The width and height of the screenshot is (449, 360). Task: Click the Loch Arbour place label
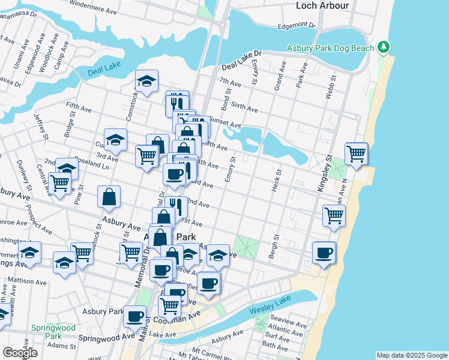(322, 5)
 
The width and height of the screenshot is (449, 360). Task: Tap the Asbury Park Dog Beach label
(330, 47)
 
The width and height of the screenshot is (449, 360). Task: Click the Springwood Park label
(55, 332)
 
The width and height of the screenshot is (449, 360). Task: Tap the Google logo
(20, 353)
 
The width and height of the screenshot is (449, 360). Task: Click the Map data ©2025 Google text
(411, 355)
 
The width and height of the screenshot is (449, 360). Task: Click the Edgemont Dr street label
(296, 26)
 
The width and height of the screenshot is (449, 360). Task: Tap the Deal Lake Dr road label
(242, 62)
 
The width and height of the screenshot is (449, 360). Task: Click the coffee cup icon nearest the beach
(324, 252)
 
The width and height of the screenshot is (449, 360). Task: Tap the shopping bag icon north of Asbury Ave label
(109, 196)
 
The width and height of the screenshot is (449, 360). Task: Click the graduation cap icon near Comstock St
(146, 82)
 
